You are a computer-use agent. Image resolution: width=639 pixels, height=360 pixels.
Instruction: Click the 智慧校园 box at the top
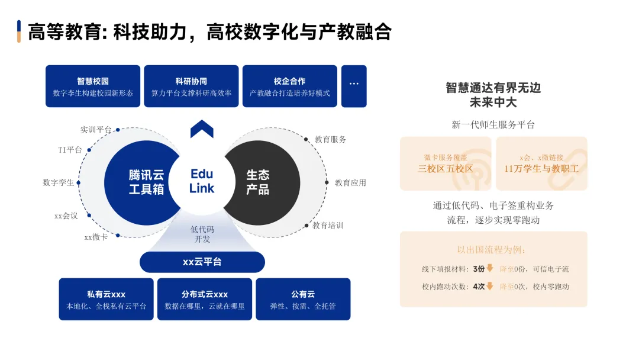pos(93,86)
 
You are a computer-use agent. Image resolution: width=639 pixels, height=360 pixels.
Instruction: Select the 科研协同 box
pos(191,86)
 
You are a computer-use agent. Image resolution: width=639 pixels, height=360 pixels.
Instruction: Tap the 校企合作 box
pos(289,86)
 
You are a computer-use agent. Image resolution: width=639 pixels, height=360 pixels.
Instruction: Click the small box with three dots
pos(354,86)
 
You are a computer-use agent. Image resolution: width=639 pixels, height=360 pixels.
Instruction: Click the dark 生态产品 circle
pos(260,182)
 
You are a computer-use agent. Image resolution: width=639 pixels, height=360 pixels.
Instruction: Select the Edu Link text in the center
pos(202,181)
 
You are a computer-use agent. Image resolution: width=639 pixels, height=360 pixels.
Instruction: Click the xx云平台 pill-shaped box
pos(202,262)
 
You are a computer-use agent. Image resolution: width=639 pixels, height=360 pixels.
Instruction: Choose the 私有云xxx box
pos(106,300)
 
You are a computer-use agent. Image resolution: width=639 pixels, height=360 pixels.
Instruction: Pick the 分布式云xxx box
pos(205,300)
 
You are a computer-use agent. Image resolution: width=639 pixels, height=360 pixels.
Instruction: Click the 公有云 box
pos(303,300)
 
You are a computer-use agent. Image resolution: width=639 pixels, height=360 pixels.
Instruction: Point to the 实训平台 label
pos(96,130)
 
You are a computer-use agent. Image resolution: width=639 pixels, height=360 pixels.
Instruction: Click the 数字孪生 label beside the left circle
pos(59,182)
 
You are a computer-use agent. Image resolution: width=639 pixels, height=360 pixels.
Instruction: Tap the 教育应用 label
pos(350,182)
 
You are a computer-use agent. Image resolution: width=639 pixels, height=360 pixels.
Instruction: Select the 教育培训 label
pos(328,226)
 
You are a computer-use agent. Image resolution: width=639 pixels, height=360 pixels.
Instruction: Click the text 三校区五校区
pos(446,169)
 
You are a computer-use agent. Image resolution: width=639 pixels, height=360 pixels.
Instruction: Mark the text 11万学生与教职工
pos(541,169)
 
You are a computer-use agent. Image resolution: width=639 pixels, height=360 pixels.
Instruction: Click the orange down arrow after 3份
pos(490,268)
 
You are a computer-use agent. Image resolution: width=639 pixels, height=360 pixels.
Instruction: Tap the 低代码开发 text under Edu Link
pos(202,234)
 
